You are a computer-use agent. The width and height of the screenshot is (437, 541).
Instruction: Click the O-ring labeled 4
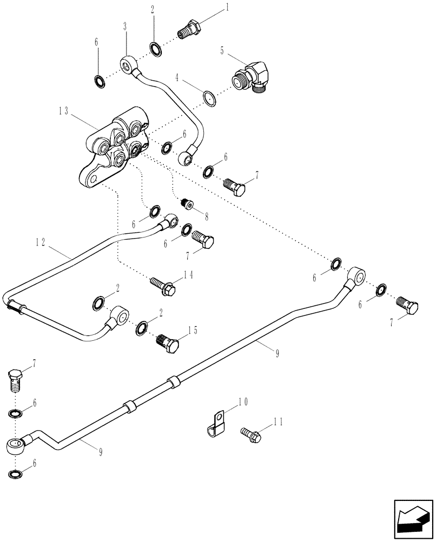point(209,98)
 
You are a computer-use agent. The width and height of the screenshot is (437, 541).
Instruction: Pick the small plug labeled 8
point(187,203)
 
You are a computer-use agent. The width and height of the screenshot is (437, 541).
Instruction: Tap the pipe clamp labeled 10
point(216,424)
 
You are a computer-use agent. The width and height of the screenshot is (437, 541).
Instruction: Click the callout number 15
point(193,330)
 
